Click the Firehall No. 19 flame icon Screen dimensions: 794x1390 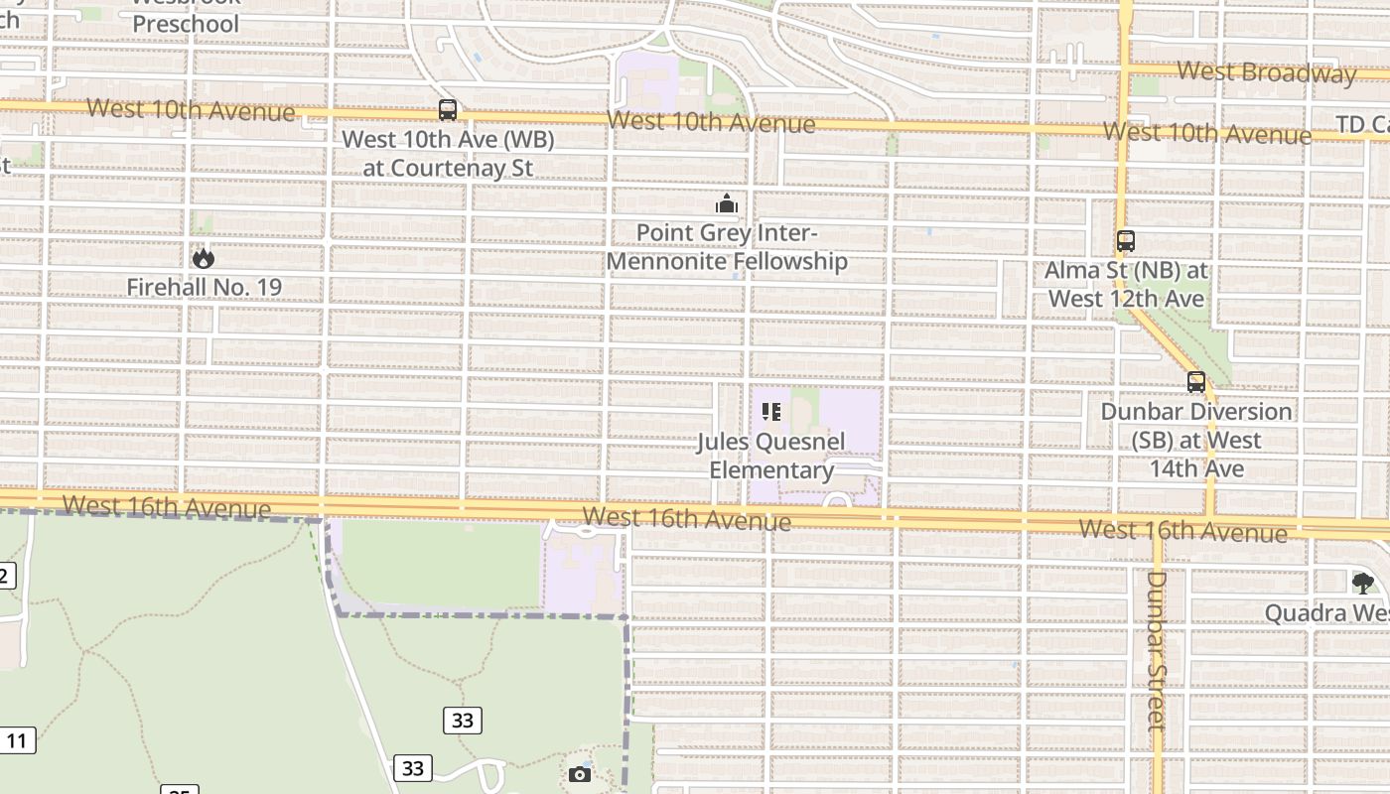point(204,258)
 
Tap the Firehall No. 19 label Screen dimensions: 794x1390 point(204,288)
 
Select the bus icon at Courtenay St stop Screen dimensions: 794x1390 point(448,110)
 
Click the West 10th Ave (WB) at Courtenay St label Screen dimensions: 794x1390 point(448,154)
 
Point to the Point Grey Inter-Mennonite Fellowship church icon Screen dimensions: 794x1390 point(727,204)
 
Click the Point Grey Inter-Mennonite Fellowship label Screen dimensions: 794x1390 point(727,247)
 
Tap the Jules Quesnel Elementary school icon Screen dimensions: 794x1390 point(771,412)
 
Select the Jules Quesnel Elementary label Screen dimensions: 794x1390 point(771,456)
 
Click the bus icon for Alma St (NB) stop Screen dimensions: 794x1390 point(1125,241)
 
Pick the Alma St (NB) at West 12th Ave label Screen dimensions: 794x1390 point(1126,284)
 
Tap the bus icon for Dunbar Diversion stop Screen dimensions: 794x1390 point(1196,382)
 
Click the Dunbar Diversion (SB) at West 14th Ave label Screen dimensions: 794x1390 point(1196,440)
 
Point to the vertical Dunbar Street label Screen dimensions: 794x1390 point(1157,650)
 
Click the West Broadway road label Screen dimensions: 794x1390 point(1266,72)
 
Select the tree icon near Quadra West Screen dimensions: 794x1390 point(1362,583)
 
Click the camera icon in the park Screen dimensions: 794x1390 point(580,774)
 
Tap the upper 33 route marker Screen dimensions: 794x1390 point(463,721)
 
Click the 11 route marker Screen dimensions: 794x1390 point(17,740)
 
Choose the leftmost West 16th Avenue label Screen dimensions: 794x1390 point(166,507)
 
